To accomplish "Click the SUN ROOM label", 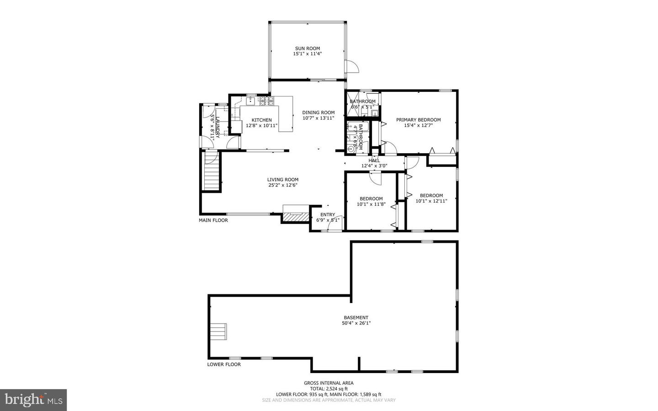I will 307,48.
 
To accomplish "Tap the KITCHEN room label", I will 261,120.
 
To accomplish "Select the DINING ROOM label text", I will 318,112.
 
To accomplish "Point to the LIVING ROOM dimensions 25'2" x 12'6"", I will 283,185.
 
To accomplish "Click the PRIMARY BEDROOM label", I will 418,120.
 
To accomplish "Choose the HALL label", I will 374,160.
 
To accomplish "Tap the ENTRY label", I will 327,214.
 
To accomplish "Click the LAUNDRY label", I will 218,127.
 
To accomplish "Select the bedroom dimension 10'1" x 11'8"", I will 371,204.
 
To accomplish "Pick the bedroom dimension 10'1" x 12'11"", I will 431,201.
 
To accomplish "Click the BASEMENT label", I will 356,318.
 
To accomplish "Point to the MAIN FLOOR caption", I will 213,220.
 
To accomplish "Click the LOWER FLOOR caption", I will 224,364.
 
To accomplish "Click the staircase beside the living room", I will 212,171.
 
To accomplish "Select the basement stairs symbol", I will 218,331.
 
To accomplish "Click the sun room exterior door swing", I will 351,67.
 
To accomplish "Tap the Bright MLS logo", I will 33,400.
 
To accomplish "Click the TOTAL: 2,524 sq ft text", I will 329,389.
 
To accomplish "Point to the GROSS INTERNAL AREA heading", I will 329,383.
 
